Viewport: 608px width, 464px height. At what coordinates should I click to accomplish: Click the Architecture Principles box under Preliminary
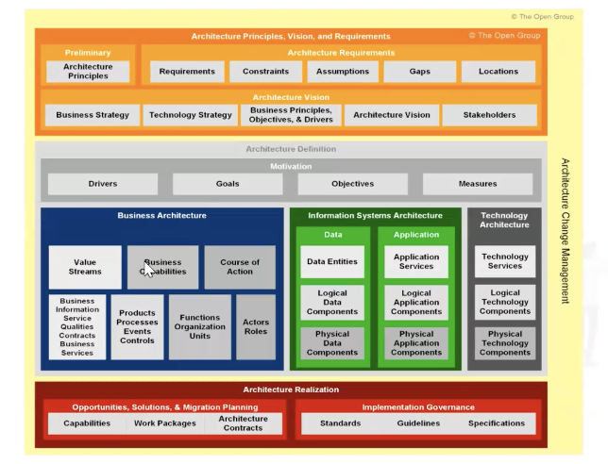pos(88,72)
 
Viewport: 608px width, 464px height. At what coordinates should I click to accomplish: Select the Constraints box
pos(265,72)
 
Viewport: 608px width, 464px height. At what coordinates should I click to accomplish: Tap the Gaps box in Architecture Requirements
pos(420,72)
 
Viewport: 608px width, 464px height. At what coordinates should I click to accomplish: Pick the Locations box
pos(498,72)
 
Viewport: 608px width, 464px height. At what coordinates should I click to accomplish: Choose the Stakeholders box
pos(490,115)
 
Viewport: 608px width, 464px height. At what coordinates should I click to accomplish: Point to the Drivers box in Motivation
pos(103,184)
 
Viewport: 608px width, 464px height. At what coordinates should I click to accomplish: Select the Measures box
pos(478,184)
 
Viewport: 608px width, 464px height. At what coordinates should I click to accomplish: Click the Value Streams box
pos(85,267)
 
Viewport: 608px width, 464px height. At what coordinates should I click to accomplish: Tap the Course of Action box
pos(240,267)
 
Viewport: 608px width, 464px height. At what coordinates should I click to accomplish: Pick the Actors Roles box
pos(256,327)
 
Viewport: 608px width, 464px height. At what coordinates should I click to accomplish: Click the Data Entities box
pos(332,261)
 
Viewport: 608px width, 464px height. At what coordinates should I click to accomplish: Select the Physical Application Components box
pos(416,343)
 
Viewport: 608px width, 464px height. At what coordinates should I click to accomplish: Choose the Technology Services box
pos(505,261)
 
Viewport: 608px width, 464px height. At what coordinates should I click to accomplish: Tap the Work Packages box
pos(165,423)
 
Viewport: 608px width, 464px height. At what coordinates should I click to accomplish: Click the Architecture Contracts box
pos(243,423)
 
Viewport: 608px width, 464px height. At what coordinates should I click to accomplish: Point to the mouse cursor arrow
pos(149,270)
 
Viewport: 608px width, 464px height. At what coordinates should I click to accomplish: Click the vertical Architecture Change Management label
pos(566,230)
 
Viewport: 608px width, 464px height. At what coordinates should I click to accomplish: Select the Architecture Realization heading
pos(290,389)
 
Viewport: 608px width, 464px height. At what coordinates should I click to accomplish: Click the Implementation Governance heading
pos(417,407)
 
